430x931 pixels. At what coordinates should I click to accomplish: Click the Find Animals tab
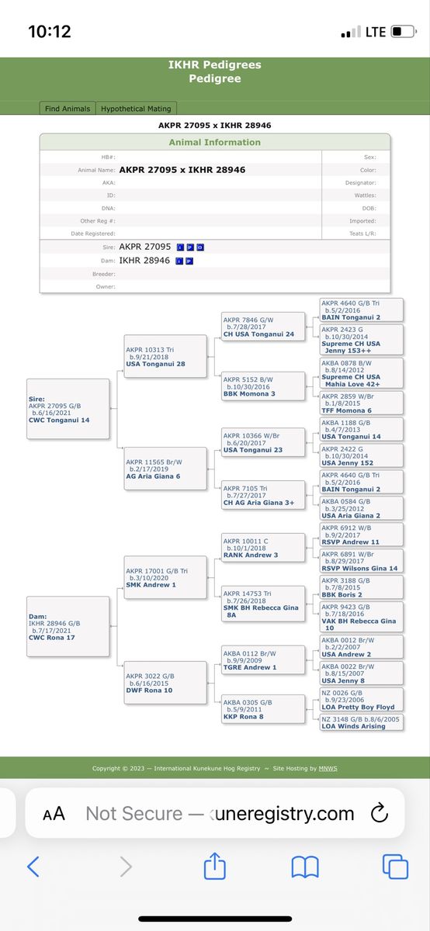[68, 109]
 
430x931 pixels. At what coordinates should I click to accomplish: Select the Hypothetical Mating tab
[136, 109]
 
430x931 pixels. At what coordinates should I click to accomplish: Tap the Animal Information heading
[214, 142]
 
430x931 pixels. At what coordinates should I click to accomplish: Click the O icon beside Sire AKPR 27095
[200, 247]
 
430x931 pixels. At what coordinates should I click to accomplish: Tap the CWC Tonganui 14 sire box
[68, 409]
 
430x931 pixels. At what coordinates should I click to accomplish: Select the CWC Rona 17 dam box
[68, 626]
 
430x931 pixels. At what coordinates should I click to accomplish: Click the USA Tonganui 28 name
[155, 364]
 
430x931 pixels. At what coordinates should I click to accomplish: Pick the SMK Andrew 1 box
[165, 577]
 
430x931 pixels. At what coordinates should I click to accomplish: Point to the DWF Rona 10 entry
[165, 683]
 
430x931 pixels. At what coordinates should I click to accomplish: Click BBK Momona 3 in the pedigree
[249, 394]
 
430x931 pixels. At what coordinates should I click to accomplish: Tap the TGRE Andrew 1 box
[263, 660]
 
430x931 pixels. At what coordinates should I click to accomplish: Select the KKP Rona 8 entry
[263, 709]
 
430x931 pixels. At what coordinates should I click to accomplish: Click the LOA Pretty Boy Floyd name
[358, 707]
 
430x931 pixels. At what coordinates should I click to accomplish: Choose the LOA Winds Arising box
[362, 722]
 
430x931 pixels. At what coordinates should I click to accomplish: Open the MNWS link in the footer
[328, 769]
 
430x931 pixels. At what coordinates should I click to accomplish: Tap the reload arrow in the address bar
[380, 813]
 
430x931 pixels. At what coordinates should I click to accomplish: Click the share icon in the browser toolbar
[214, 866]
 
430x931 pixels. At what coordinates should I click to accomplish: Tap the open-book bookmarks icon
[305, 867]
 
